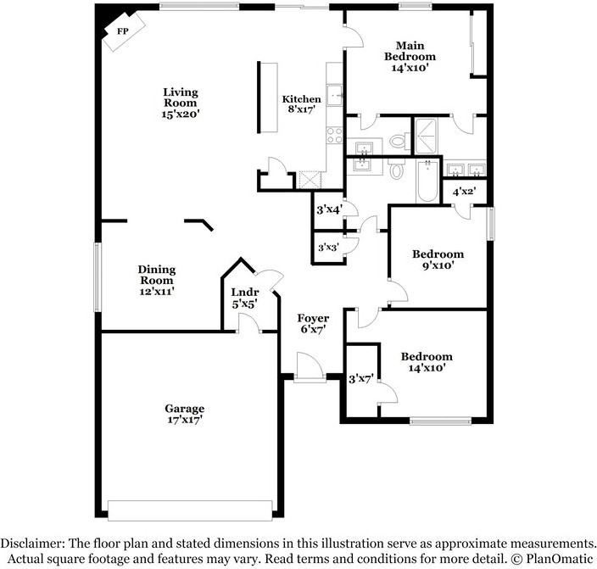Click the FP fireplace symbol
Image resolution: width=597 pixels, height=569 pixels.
coord(122,32)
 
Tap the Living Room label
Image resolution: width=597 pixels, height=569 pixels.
coord(181,102)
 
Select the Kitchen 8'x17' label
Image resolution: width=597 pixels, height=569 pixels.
coord(302,104)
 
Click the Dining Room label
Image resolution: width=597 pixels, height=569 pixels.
coord(156,280)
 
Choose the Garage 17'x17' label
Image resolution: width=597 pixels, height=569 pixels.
coord(184,413)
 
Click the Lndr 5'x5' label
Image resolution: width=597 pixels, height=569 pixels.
coord(244,297)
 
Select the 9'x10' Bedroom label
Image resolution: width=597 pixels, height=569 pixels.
coord(438,259)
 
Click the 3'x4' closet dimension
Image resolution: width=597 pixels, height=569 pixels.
coord(329,209)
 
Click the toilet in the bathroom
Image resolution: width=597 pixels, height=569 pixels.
coord(397,167)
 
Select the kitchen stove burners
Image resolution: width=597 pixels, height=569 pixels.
coord(333,133)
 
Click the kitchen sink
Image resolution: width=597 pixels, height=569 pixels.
coord(334,94)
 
